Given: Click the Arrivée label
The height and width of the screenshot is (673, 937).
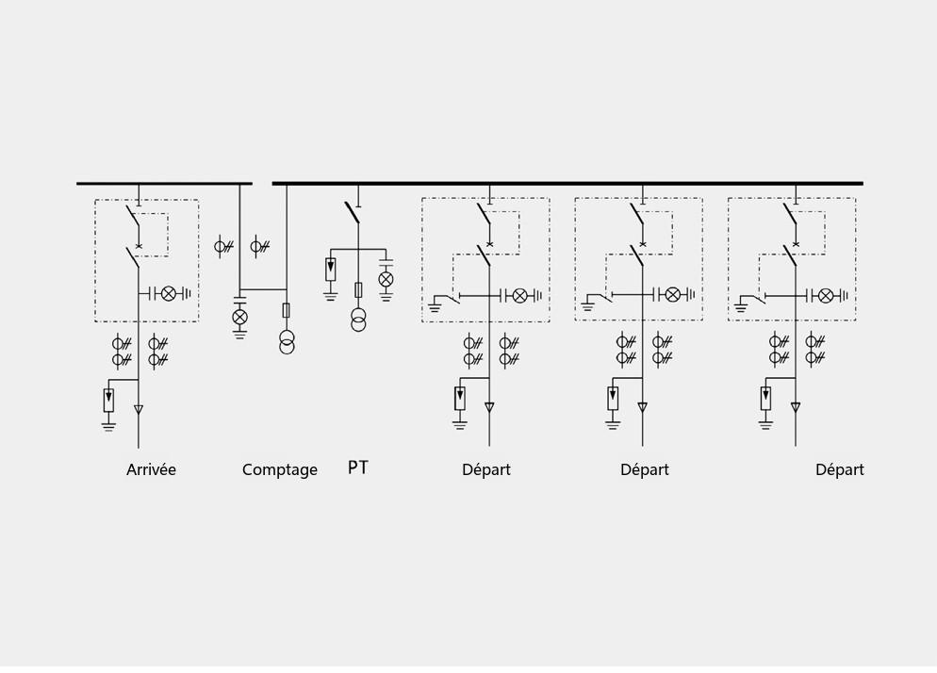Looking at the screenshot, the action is [x=151, y=469].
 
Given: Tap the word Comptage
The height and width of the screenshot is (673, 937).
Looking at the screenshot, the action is [x=280, y=470].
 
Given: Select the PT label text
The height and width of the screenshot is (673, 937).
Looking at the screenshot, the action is [x=358, y=468].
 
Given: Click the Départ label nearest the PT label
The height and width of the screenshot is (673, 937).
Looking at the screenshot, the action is [x=486, y=469].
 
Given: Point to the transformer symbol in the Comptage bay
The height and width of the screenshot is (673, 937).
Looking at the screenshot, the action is [x=287, y=341].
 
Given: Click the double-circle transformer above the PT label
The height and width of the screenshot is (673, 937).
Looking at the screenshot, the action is [x=358, y=320].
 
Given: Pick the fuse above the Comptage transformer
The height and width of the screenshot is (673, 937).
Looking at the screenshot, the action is [x=287, y=310].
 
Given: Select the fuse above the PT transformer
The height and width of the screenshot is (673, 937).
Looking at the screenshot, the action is [x=358, y=290].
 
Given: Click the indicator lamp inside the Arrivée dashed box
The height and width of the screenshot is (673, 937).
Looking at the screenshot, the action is [x=169, y=293].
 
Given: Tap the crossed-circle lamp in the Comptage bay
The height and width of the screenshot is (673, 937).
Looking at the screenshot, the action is [x=239, y=317].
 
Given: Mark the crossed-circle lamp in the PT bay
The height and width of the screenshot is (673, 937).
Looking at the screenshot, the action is [x=386, y=278].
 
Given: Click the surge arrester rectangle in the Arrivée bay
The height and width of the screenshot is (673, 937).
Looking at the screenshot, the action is [x=108, y=400].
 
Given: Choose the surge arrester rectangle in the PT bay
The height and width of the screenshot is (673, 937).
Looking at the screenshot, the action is [x=331, y=269].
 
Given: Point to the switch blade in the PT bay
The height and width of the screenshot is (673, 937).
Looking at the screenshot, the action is [x=352, y=213].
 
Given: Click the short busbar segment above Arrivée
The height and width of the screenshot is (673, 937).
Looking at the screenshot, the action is [x=164, y=184].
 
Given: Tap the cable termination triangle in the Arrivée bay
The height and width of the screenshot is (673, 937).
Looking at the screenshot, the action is [x=138, y=410].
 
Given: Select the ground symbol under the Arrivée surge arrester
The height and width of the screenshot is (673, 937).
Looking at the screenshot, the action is [x=108, y=426].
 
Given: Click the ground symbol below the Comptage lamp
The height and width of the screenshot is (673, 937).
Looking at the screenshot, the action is [x=239, y=334].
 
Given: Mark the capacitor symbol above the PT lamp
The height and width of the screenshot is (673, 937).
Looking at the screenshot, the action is [x=386, y=262].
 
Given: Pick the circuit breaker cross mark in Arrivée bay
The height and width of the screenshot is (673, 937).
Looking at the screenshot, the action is [x=139, y=246].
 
